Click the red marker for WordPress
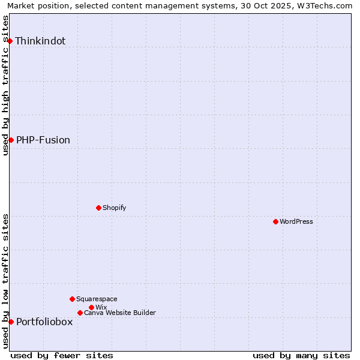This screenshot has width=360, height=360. point(275,221)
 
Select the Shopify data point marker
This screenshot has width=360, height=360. point(98,208)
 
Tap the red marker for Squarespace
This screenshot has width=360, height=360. point(72,299)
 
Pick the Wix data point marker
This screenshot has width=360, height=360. point(91,307)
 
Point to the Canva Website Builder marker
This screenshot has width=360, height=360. point(80,313)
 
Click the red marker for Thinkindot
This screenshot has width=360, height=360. point(10,41)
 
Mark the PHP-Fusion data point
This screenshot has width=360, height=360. point(11,140)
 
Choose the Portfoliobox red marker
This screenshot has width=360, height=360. point(11,322)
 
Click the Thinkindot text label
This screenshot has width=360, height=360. point(40,41)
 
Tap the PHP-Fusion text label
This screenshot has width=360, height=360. point(43,140)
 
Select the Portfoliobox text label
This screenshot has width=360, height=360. point(44,322)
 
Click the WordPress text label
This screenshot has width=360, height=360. point(296,221)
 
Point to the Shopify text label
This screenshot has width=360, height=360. point(115,208)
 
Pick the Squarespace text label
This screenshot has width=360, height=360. point(97,299)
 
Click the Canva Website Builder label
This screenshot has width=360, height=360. point(120,313)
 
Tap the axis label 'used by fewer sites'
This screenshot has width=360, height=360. point(62,355)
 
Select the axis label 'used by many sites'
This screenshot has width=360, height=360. point(301,355)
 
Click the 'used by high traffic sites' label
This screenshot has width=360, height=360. point(5,86)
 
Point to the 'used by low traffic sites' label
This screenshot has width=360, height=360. point(5,280)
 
